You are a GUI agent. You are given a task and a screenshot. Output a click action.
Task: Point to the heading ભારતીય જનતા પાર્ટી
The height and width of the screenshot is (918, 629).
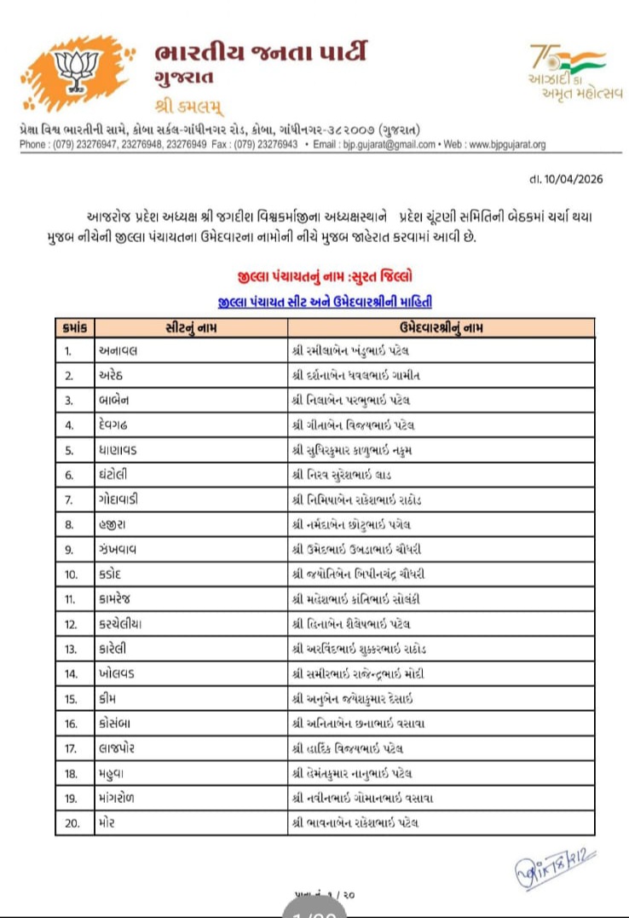click(x=262, y=54)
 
